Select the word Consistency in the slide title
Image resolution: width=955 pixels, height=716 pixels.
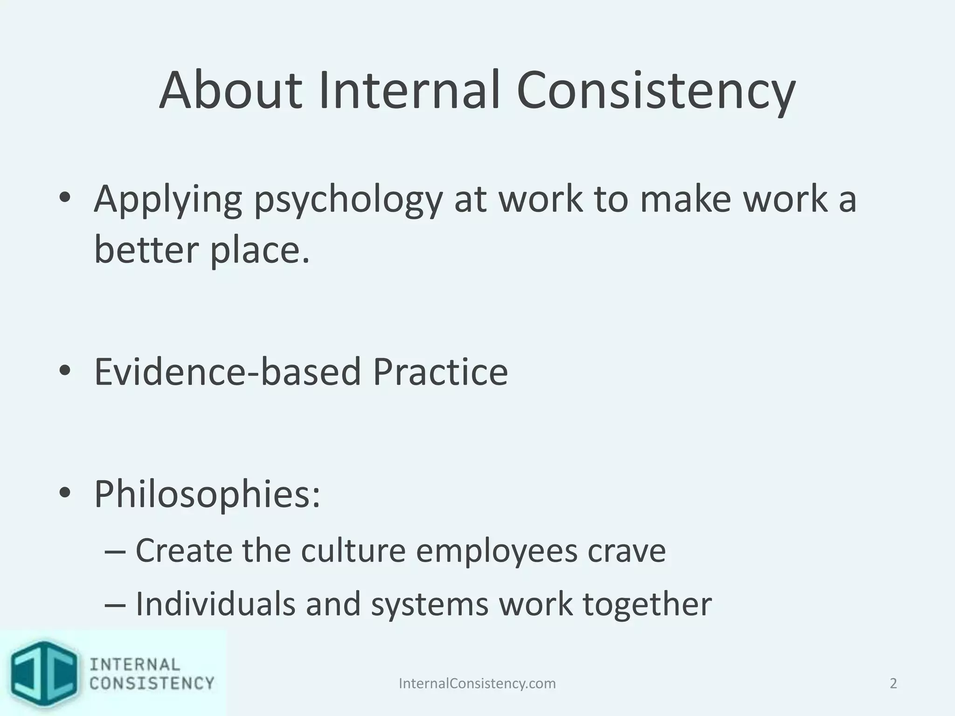click(x=656, y=91)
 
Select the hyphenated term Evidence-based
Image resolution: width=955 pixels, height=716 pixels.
click(x=228, y=372)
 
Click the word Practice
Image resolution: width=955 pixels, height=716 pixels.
click(x=440, y=372)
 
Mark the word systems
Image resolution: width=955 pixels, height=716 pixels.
click(x=429, y=605)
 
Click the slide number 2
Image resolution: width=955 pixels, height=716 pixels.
click(x=893, y=683)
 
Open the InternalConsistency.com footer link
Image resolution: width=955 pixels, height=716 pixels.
click(x=477, y=683)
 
